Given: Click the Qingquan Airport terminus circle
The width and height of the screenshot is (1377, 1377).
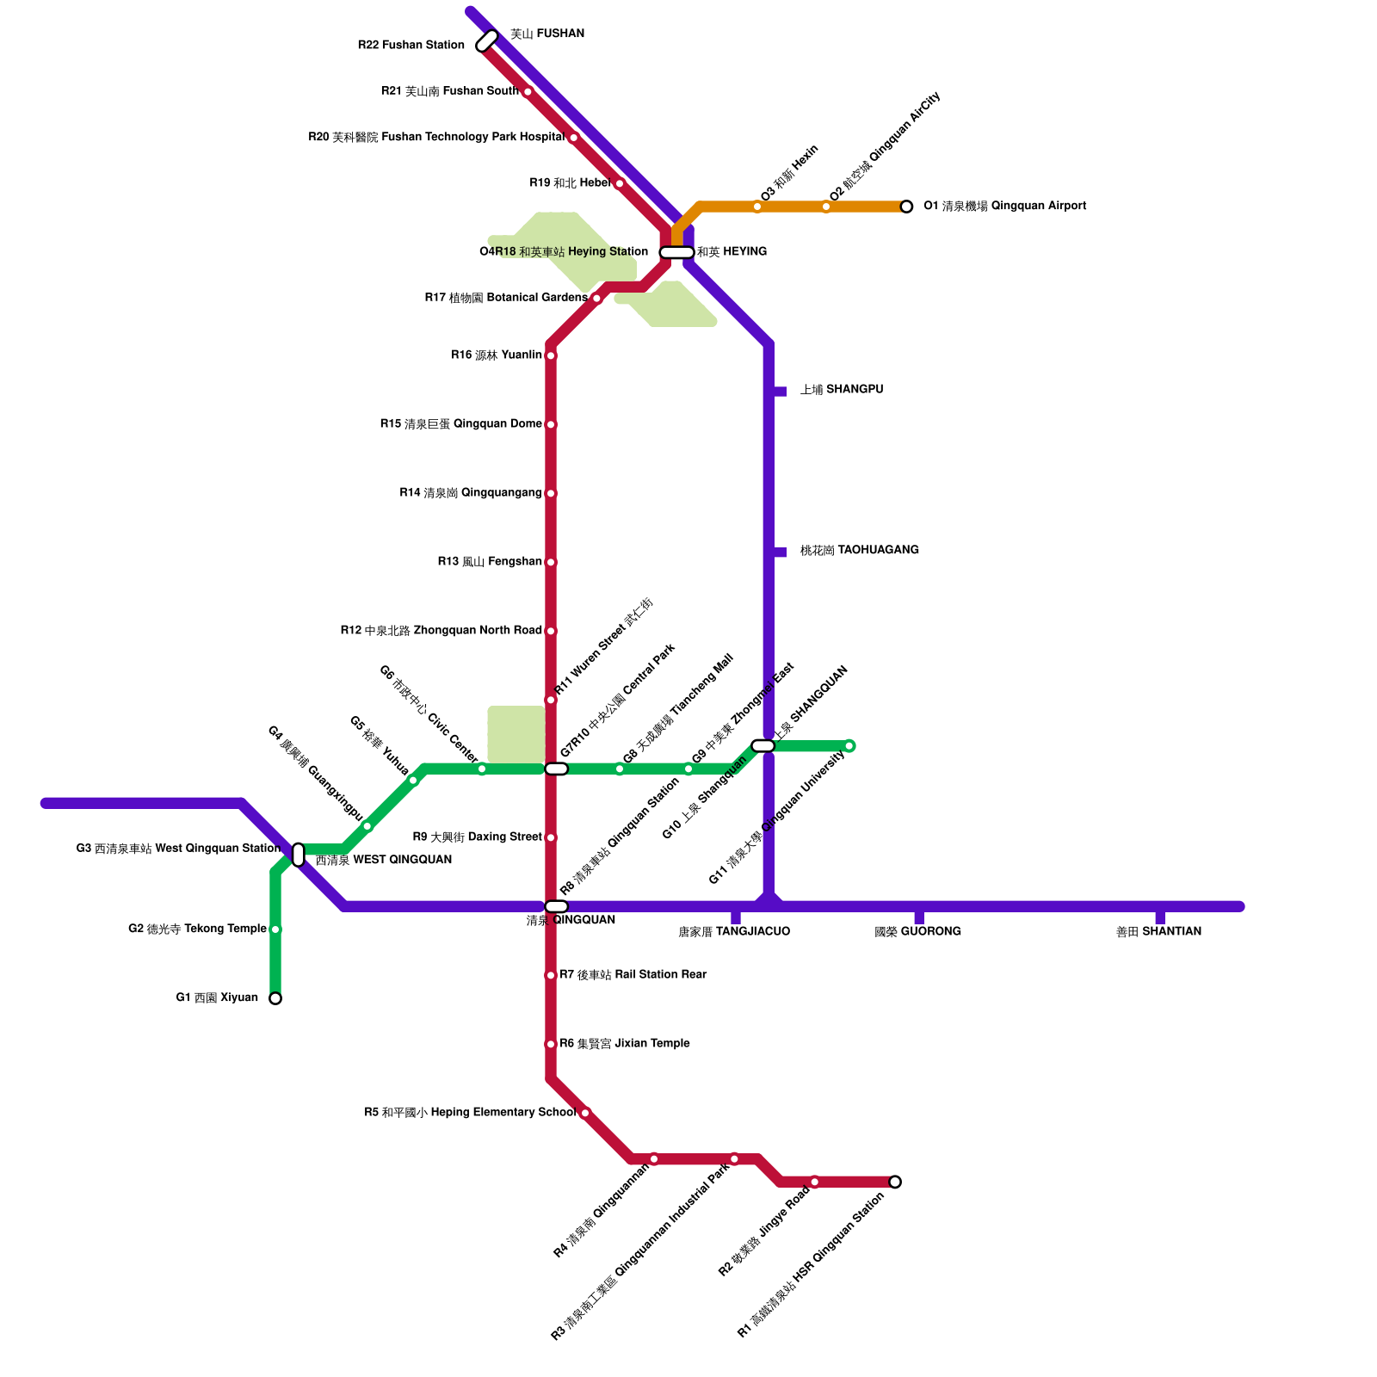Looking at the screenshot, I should (906, 207).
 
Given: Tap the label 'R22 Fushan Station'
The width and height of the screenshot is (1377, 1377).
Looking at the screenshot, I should (411, 45).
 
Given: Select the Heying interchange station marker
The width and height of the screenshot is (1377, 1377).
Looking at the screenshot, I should (676, 252).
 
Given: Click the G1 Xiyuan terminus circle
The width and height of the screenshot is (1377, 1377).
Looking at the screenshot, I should (275, 998).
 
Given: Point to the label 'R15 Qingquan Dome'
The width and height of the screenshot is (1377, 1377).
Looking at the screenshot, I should (460, 424).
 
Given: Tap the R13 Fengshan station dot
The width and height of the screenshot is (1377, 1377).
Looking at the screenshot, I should (551, 562).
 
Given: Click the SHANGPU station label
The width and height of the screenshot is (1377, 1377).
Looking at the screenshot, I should (841, 390).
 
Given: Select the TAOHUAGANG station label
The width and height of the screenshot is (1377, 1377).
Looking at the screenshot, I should (859, 551).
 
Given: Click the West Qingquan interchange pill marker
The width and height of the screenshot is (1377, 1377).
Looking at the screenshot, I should (298, 855).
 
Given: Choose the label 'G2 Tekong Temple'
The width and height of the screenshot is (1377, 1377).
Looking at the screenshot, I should (197, 929).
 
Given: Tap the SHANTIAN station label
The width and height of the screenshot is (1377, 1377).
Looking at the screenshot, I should (1158, 932).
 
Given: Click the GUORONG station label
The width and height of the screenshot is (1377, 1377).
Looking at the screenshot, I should (917, 932).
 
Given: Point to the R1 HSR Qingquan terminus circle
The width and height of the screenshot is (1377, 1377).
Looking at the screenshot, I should (895, 1182).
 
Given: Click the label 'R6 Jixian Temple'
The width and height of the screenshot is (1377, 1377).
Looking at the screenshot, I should (624, 1044).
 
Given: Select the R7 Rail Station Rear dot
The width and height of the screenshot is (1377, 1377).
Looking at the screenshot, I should (551, 975).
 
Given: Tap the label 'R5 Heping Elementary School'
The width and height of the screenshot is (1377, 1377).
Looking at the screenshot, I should (470, 1113).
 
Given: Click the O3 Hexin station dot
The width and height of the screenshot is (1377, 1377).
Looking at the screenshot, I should (757, 207).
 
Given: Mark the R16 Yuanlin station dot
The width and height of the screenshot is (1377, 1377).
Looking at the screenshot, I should (551, 355).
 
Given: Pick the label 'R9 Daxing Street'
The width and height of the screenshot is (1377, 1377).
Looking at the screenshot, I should (477, 837).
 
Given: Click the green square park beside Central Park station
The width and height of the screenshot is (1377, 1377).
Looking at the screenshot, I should (516, 734).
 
